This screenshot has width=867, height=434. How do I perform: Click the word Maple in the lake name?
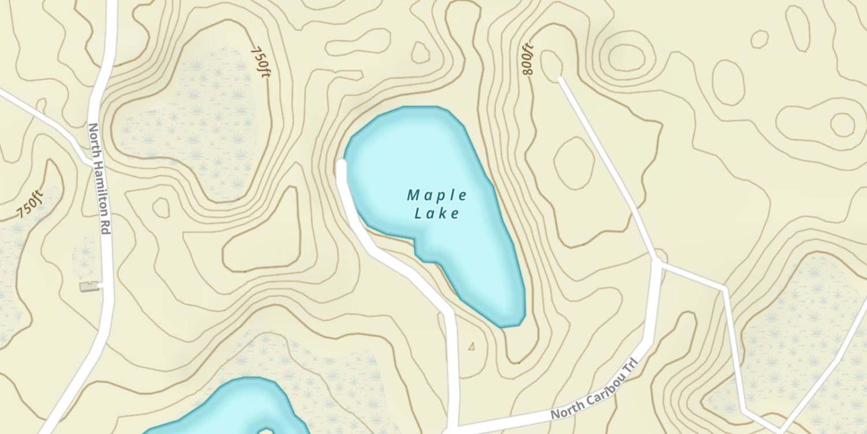click(x=437, y=195)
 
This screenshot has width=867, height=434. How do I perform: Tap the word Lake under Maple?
click(x=437, y=214)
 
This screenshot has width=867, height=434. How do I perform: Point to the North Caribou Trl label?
click(x=596, y=392)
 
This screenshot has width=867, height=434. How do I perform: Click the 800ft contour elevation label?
click(x=528, y=60)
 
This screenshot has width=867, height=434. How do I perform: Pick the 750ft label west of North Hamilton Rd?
click(x=30, y=203)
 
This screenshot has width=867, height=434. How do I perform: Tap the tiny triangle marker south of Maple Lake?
click(x=472, y=347)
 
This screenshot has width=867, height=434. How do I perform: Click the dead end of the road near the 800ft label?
click(x=560, y=78)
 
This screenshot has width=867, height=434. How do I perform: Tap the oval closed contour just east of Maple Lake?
click(x=574, y=161)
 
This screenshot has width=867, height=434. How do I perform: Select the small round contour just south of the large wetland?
click(x=161, y=207)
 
